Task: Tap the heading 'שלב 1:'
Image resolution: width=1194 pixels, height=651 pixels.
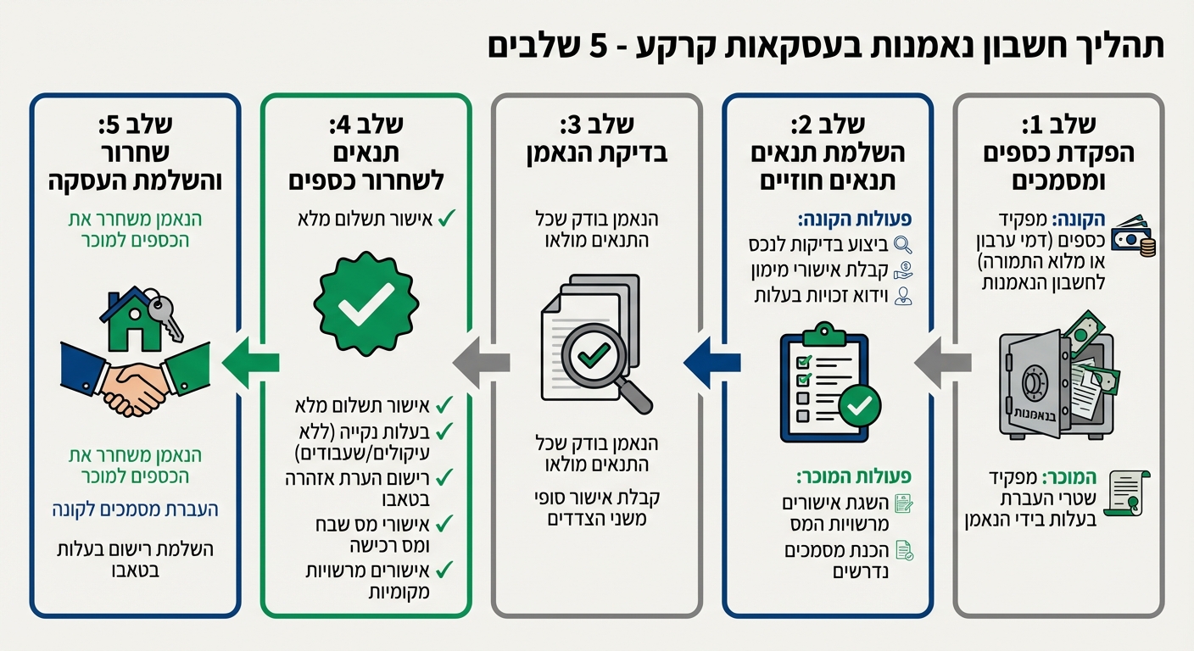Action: pos(1058,125)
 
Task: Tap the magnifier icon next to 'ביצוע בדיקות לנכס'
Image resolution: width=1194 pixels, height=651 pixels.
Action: pos(903,245)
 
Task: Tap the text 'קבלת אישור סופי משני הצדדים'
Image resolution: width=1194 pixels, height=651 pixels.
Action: pos(597,507)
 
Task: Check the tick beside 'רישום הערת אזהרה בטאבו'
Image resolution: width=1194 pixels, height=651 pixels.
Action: pos(445,476)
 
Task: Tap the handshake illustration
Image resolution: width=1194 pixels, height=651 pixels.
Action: pos(136,381)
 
